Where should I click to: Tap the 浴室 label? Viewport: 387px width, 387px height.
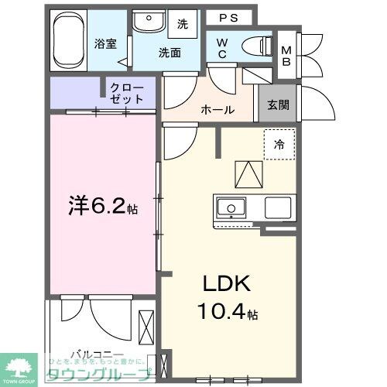pyautogui.click(x=105, y=44)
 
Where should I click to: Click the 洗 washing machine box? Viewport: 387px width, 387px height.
pyautogui.click(x=183, y=24)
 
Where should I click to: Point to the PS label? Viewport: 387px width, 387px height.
pyautogui.click(x=228, y=17)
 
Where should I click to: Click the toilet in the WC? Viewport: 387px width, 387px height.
pyautogui.click(x=256, y=46)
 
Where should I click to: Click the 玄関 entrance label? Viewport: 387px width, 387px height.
pyautogui.click(x=279, y=106)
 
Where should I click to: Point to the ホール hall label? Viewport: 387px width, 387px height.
pyautogui.click(x=217, y=110)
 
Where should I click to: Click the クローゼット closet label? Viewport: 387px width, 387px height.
pyautogui.click(x=126, y=93)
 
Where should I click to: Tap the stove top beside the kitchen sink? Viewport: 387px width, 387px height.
pyautogui.click(x=278, y=207)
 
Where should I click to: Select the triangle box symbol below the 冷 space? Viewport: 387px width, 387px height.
pyautogui.click(x=247, y=173)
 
